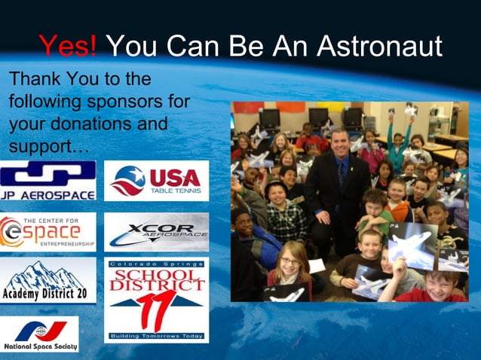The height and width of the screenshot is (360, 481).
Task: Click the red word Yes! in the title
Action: pos(68,47)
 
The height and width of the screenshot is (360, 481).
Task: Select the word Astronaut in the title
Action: pos(378,47)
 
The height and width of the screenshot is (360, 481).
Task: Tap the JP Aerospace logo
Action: pos(48,181)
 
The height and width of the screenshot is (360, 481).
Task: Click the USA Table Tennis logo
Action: pos(156,181)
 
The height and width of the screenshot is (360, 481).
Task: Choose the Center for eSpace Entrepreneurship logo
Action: pos(48,231)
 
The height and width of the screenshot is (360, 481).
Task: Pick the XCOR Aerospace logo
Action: pos(156,231)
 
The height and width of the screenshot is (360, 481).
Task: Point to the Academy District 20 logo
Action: pos(48,280)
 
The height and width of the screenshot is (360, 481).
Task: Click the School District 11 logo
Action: pos(156,300)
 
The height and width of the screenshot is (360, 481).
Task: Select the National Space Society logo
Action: pos(39,334)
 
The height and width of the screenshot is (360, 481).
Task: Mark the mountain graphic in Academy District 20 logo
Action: pos(48,273)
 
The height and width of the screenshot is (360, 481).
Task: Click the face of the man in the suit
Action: pos(339,142)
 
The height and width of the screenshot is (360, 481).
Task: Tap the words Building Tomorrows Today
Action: pos(156,335)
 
